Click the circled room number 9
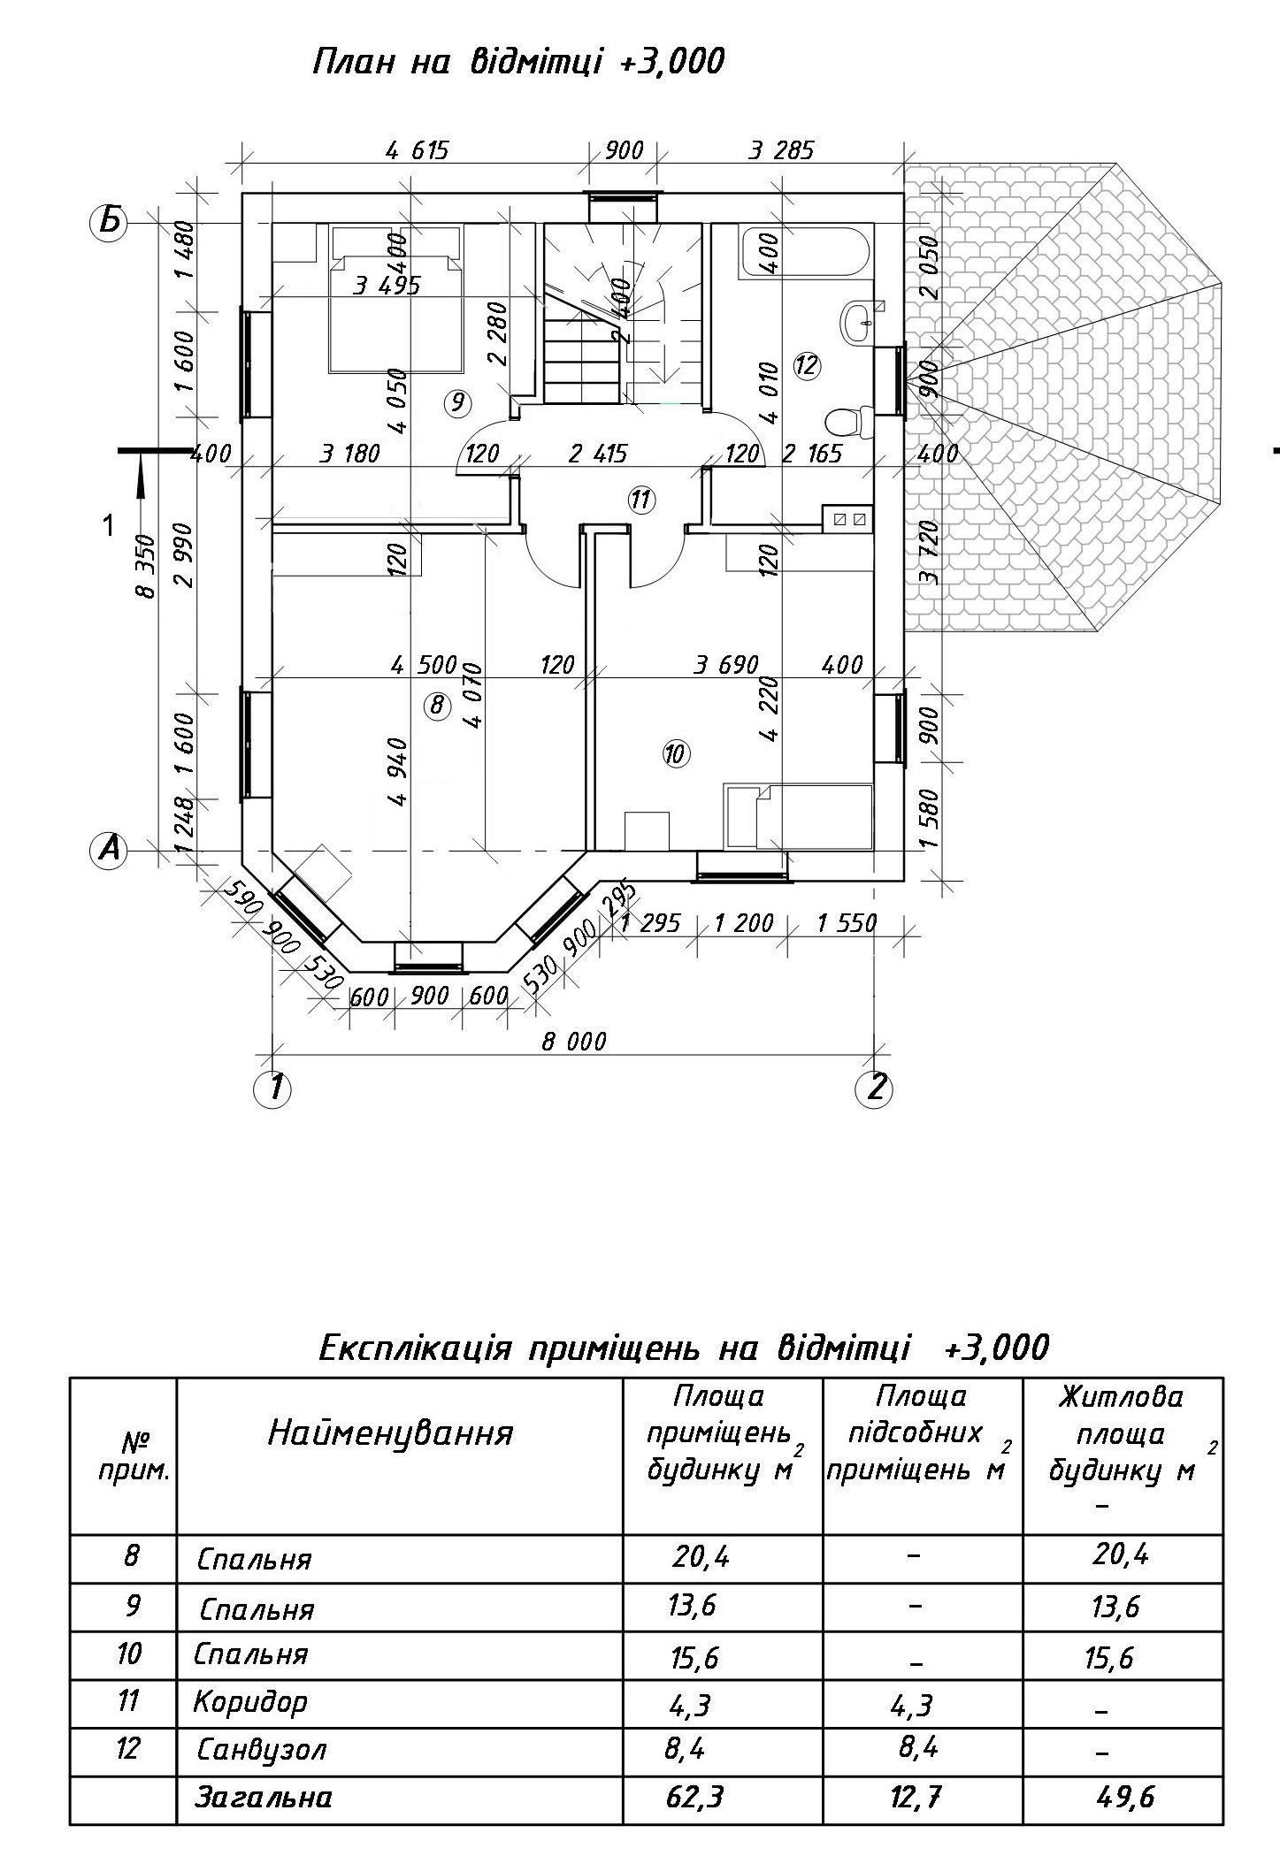tap(457, 403)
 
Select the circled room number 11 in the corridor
tap(640, 500)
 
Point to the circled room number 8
tap(436, 705)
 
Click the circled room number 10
tap(675, 754)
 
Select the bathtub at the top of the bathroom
tap(804, 252)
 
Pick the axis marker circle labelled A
tap(109, 851)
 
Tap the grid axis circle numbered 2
tap(874, 1088)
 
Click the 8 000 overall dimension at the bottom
tap(574, 1041)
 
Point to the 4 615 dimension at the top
tap(418, 149)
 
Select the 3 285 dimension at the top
tap(780, 149)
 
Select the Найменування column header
tap(390, 1432)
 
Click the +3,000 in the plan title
tap(673, 63)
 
